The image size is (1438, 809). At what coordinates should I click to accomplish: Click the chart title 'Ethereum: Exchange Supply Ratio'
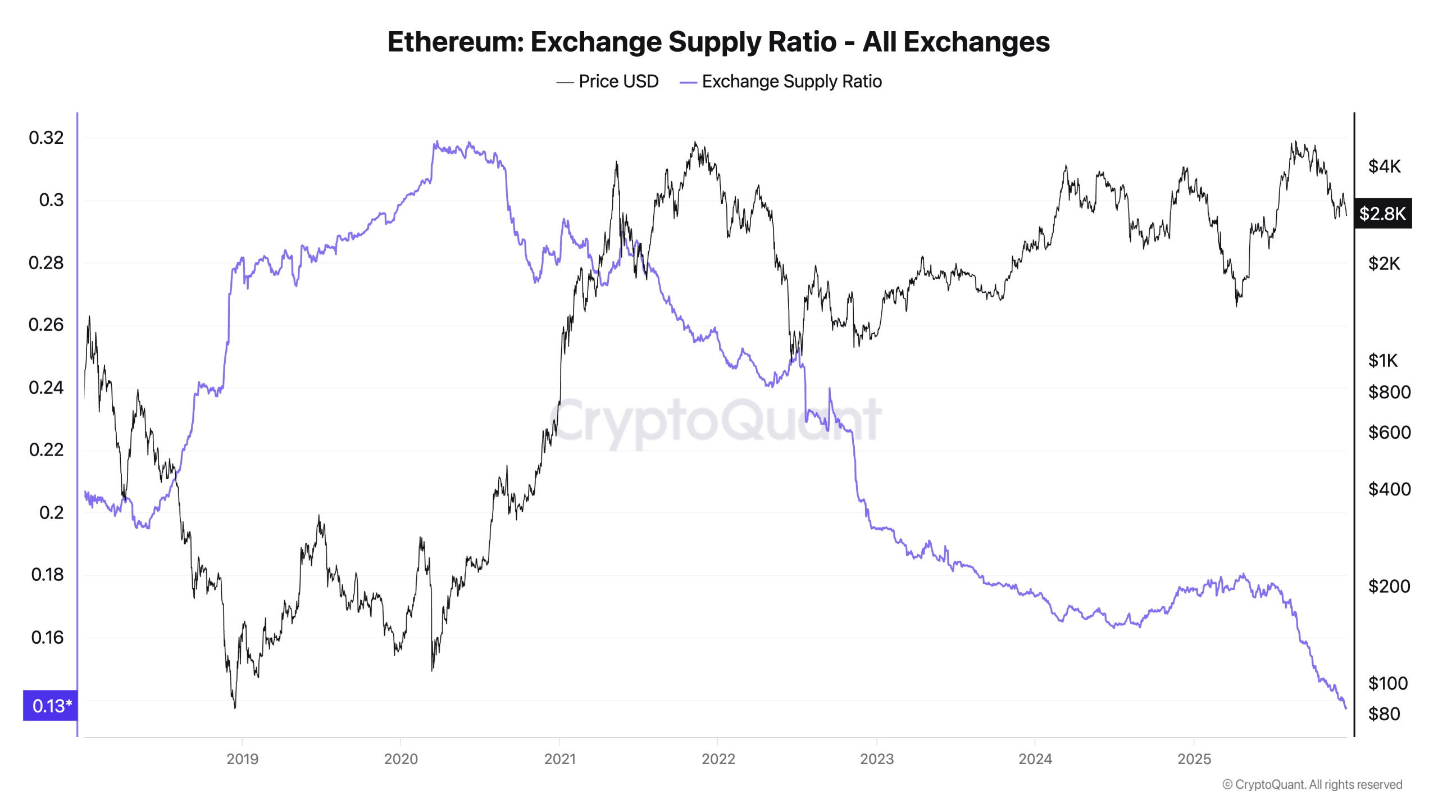718,42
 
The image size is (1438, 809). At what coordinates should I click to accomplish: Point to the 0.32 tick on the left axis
46,138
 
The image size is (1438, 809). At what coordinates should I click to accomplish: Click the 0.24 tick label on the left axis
46,388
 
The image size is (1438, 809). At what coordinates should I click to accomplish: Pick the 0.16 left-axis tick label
47,638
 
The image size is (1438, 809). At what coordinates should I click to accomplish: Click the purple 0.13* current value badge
51,706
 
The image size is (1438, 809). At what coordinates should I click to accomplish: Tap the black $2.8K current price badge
1382,213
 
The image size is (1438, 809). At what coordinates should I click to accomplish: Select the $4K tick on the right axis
1384,166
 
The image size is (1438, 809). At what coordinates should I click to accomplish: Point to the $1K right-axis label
1382,360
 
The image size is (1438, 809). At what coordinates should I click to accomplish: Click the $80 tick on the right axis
1384,714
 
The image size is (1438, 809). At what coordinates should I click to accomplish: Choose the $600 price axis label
1389,433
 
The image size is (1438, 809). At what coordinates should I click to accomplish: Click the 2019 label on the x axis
242,759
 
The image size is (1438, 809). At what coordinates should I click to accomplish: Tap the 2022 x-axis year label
718,759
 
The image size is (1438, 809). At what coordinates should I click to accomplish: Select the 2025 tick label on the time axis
1194,759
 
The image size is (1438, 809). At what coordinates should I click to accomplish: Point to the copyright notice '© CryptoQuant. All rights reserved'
1312,784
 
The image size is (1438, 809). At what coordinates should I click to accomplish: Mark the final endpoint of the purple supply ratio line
1346,708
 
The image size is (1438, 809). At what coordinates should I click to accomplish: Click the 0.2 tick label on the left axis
51,512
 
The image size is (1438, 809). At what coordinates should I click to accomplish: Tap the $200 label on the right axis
1389,587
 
